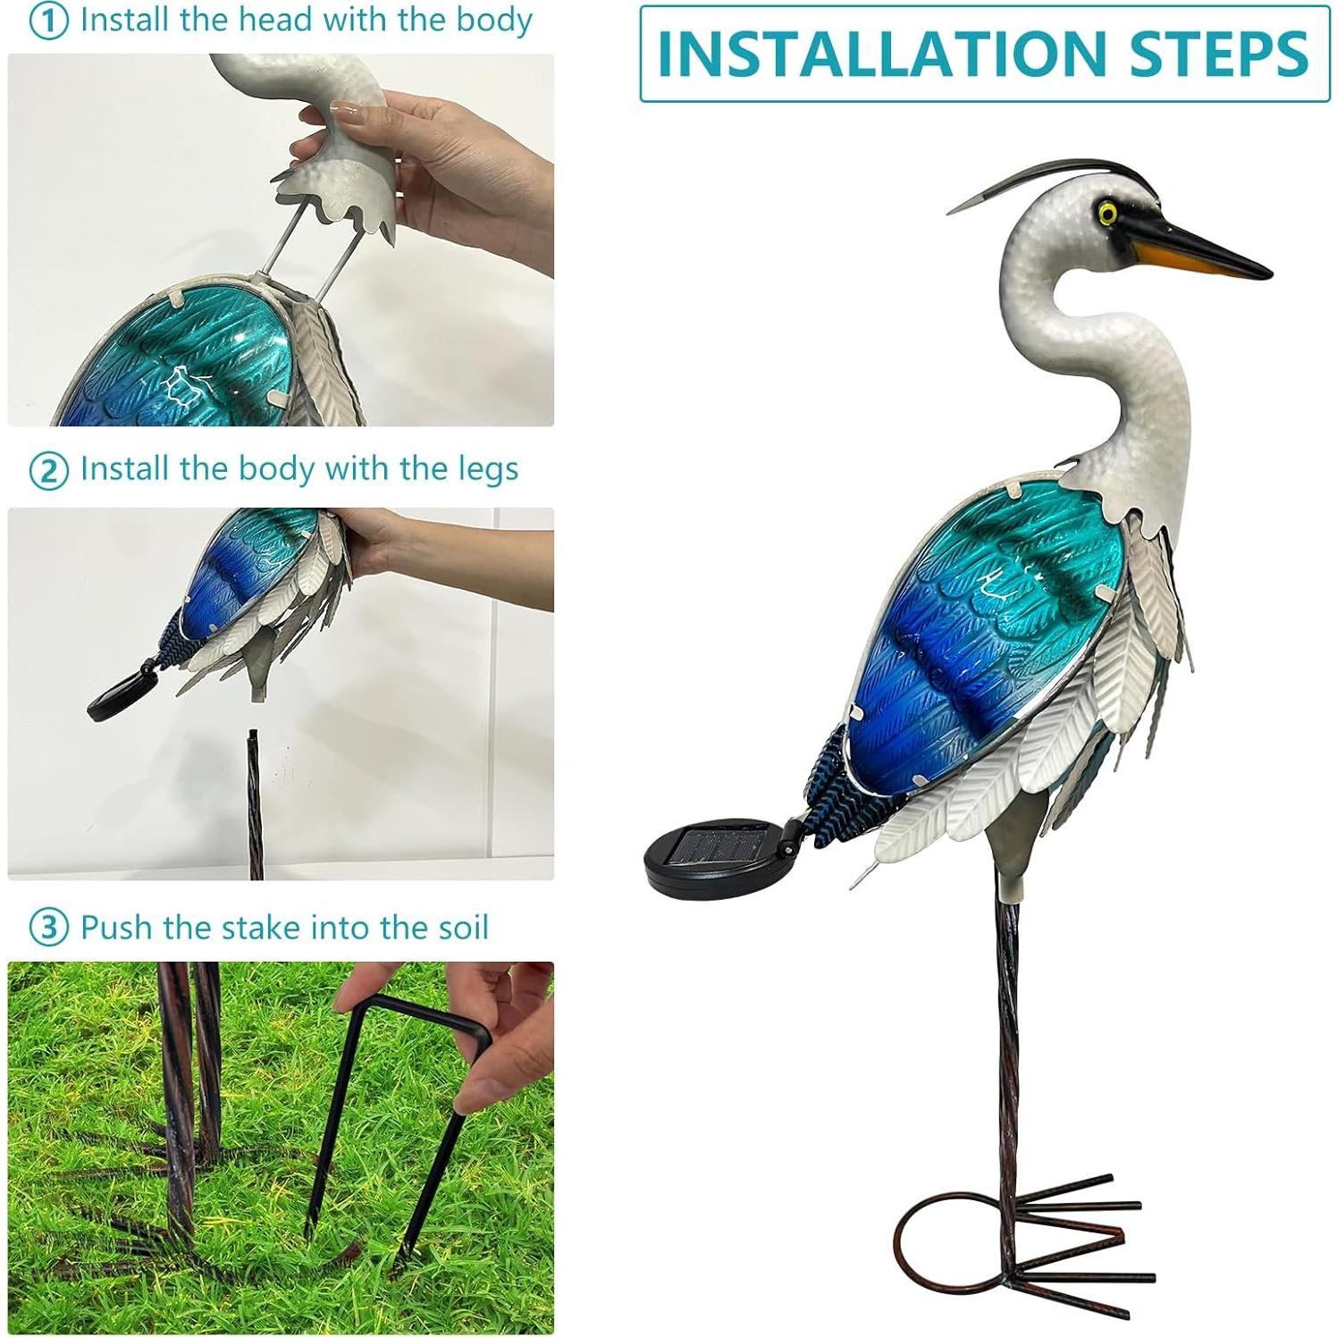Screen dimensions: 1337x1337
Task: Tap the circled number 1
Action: point(48,22)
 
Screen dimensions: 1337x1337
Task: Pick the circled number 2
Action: point(48,471)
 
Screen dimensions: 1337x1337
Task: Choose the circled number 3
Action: point(48,929)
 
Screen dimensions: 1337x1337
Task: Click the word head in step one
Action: point(247,20)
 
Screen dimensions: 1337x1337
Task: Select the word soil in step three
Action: point(458,927)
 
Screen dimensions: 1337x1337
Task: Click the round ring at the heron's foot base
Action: point(947,1242)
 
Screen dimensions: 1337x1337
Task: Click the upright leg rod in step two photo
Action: point(256,804)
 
